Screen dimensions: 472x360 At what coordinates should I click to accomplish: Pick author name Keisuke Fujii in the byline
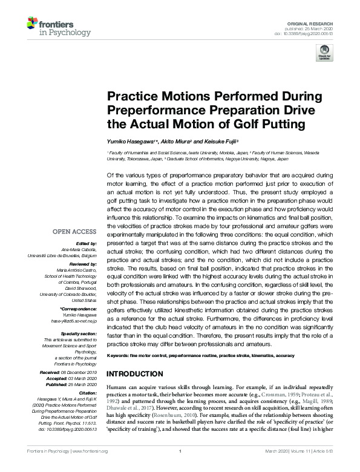[215, 140]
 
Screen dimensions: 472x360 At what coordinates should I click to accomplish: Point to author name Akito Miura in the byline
[173, 140]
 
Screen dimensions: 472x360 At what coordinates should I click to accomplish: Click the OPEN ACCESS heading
[74, 231]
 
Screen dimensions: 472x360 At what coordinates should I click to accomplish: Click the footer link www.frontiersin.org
[90, 468]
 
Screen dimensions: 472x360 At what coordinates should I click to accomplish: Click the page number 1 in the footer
[180, 468]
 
